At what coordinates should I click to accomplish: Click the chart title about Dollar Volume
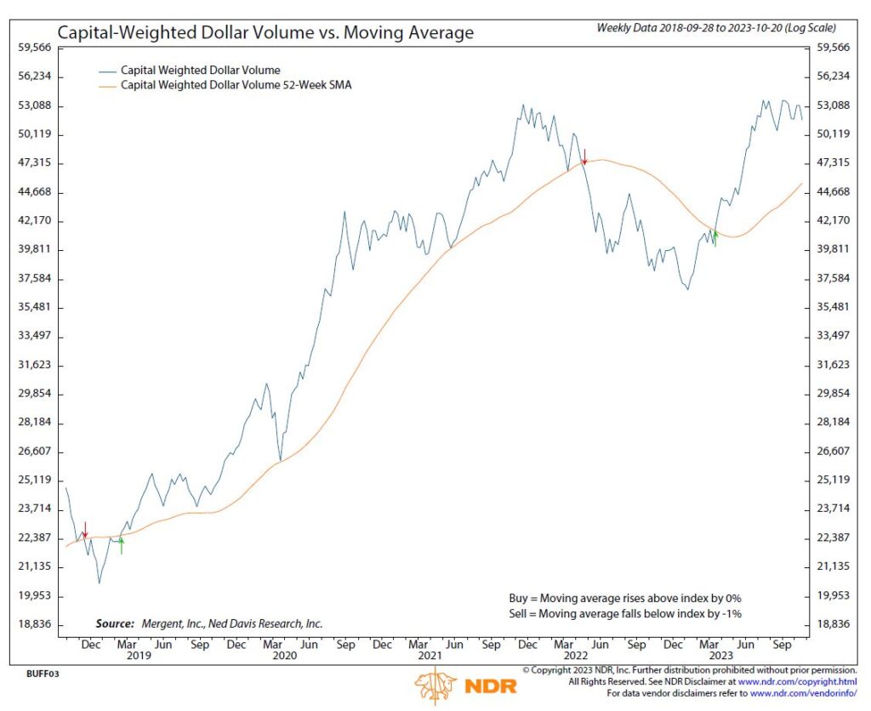click(x=265, y=34)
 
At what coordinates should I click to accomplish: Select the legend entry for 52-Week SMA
click(x=236, y=85)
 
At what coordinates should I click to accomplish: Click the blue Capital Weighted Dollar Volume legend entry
click(x=201, y=70)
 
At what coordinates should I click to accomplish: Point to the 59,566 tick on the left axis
click(x=35, y=48)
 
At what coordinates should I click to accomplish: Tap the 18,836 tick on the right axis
click(x=833, y=624)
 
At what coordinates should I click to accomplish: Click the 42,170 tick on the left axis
click(x=35, y=220)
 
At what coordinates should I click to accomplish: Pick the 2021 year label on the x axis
click(x=430, y=656)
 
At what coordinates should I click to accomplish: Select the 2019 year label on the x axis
click(x=138, y=656)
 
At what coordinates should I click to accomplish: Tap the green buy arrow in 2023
click(x=715, y=239)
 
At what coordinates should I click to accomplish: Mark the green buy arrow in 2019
click(x=122, y=546)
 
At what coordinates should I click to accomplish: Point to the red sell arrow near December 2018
click(x=84, y=531)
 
